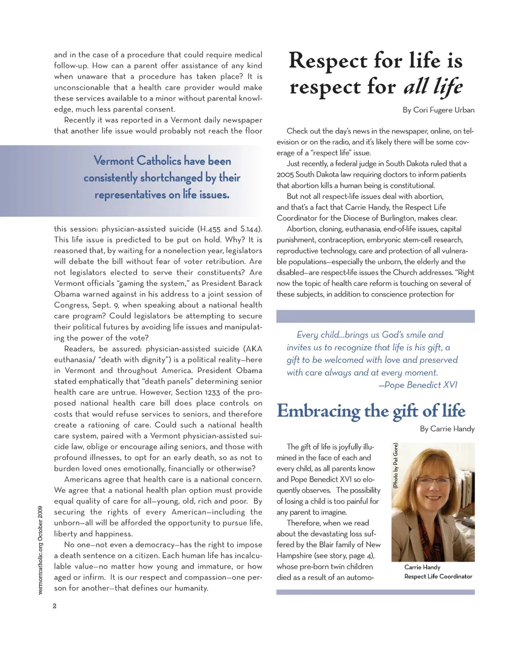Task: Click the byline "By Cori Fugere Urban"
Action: [438, 110]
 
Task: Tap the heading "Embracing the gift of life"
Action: [371, 411]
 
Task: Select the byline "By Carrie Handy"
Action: [447, 429]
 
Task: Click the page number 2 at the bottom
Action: [55, 606]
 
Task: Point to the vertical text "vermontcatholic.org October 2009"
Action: [40, 550]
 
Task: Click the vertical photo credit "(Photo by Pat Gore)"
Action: [396, 466]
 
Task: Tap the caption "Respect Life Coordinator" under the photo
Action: [438, 576]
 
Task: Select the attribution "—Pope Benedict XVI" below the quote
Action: [418, 385]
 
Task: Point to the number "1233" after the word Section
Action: [212, 392]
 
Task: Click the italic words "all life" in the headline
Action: [433, 87]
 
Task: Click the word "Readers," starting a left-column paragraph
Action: [79, 349]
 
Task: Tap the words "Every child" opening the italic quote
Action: [315, 335]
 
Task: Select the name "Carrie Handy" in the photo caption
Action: [422, 567]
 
